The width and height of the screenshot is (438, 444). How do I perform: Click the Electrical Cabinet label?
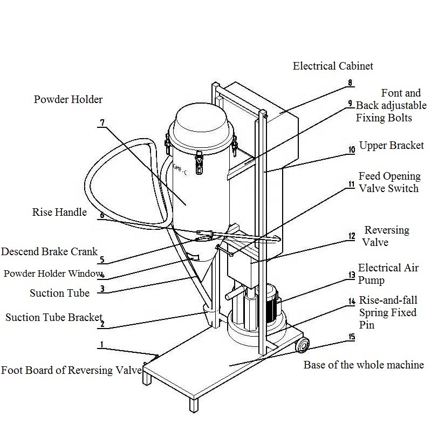tap(333, 66)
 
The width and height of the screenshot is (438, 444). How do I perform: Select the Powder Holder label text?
tap(68, 99)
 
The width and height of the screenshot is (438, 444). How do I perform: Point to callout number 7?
tap(101, 122)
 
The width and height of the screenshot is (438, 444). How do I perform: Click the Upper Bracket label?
tap(391, 145)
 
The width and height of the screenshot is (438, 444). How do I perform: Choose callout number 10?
tap(351, 150)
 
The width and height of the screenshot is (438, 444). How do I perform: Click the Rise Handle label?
tap(59, 212)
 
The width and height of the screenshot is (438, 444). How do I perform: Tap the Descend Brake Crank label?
tap(49, 251)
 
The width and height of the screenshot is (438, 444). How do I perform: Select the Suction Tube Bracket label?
tap(53, 317)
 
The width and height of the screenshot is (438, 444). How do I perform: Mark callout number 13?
tap(351, 275)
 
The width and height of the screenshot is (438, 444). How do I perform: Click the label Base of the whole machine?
tap(363, 365)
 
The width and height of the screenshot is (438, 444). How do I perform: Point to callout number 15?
tap(352, 338)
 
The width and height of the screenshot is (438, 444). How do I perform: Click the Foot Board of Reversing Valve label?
tap(71, 370)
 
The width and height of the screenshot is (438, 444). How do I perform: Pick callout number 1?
tap(101, 344)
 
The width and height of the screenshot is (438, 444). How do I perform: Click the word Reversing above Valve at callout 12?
tap(387, 230)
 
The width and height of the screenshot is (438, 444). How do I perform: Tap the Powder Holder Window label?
tap(52, 274)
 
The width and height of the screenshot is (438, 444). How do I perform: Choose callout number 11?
tap(351, 185)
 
